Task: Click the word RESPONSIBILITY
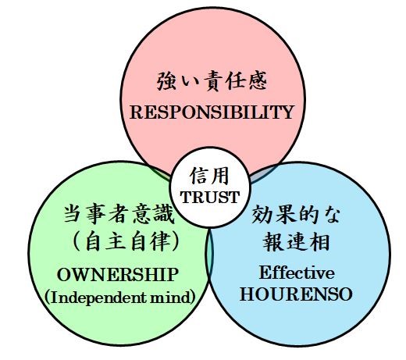(212, 112)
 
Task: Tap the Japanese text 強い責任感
(212, 81)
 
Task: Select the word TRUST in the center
(210, 197)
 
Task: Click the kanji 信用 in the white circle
(209, 176)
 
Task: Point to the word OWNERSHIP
(118, 275)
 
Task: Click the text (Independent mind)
(119, 298)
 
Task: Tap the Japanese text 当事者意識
(119, 214)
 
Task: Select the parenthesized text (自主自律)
(126, 241)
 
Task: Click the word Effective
(297, 273)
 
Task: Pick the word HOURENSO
(296, 294)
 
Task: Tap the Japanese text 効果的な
(296, 214)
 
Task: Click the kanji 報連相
(296, 241)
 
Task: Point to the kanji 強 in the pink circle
(167, 81)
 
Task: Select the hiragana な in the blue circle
(330, 215)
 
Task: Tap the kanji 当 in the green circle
(74, 214)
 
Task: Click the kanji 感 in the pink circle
(258, 81)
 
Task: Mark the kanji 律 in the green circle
(160, 241)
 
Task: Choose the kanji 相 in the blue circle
(319, 241)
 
